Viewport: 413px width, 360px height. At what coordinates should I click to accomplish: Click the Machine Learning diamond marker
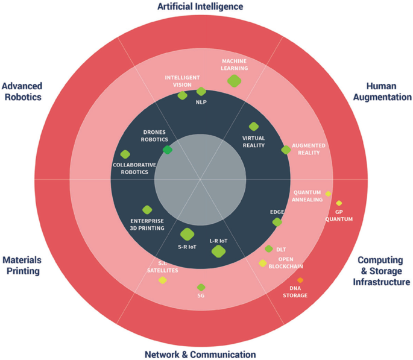click(235, 80)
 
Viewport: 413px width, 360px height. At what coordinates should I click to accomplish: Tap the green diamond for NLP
click(201, 92)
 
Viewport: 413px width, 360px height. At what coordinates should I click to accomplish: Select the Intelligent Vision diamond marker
click(183, 95)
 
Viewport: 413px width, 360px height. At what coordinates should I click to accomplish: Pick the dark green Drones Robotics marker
click(168, 150)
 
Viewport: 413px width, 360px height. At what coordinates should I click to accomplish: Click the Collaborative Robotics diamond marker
click(125, 154)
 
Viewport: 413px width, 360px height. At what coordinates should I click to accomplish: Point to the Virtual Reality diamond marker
click(254, 127)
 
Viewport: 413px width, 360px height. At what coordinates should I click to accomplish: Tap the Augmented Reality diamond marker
click(286, 150)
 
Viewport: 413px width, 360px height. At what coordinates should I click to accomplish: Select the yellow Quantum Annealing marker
click(328, 194)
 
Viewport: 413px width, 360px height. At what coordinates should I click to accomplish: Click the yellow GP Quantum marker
click(339, 203)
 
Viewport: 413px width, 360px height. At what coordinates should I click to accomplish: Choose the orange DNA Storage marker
click(300, 280)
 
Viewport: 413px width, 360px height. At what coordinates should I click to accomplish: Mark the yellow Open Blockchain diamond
click(263, 263)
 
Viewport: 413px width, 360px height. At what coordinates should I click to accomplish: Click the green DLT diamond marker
click(269, 248)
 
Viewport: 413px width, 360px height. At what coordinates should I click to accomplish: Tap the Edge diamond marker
click(277, 222)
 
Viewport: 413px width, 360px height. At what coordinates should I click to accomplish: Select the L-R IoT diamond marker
click(218, 251)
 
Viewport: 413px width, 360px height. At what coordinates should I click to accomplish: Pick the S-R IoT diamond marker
click(187, 234)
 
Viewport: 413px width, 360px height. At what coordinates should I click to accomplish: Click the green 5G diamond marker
click(201, 287)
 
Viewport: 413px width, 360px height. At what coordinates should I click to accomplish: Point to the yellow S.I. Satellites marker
click(162, 280)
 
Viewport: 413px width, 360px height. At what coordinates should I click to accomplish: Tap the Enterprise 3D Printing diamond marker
click(147, 209)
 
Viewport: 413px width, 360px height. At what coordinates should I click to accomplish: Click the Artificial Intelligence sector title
click(200, 7)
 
